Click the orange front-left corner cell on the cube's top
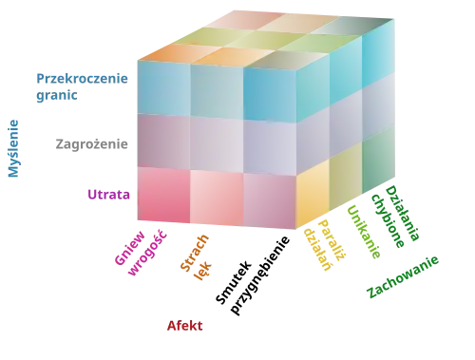coord(167,52)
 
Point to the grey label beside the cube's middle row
coord(90,143)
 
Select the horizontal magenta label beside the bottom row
coord(107,195)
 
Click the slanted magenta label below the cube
coord(133,250)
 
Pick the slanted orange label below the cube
coord(198,255)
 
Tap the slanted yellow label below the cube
coord(323,246)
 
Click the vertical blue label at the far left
coord(14,147)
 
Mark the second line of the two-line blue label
coord(57,97)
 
